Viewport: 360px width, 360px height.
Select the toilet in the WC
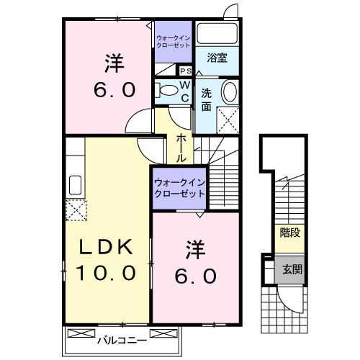pyautogui.click(x=169, y=91)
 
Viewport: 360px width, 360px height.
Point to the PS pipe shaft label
pyautogui.click(x=185, y=71)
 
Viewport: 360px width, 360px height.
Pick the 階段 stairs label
pyautogui.click(x=289, y=233)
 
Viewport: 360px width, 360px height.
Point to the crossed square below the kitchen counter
pyautogui.click(x=76, y=211)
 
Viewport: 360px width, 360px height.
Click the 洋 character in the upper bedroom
pyautogui.click(x=114, y=63)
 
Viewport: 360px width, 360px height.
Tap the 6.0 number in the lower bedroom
pyautogui.click(x=194, y=276)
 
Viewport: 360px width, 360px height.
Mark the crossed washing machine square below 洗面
pyautogui.click(x=229, y=120)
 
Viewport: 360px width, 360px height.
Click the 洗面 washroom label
pyautogui.click(x=206, y=100)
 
